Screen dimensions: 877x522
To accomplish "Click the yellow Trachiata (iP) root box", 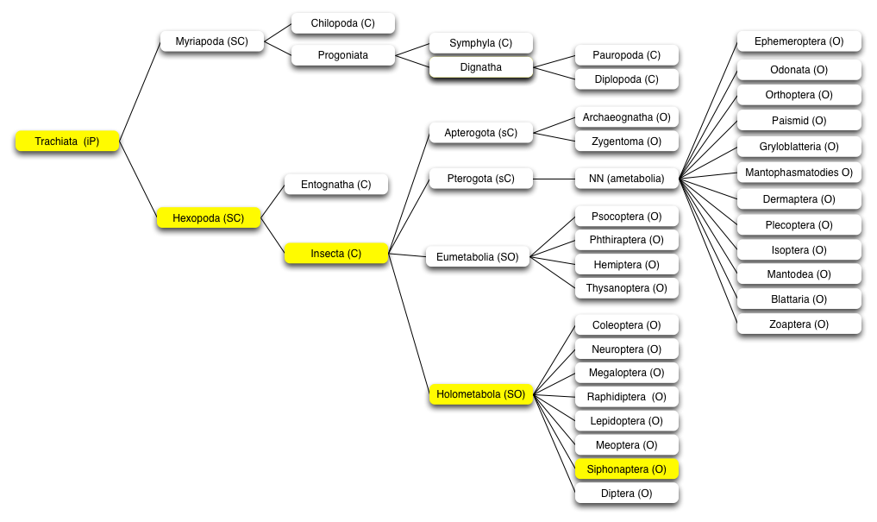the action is [x=67, y=141].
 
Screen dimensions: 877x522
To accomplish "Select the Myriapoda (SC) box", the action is [x=212, y=41].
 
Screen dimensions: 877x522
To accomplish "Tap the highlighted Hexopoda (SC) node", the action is [x=209, y=217].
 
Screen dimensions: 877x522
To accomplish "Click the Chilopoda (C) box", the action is [x=343, y=23].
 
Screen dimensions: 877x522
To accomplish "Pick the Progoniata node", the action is [x=343, y=55].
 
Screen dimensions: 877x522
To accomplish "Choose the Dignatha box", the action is [x=481, y=67].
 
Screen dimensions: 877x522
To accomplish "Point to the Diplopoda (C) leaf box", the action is [x=626, y=79].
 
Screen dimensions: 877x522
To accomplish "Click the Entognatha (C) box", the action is [x=336, y=185].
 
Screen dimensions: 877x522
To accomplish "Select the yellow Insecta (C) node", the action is [x=336, y=254].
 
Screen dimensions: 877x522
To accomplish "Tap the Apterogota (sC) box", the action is [x=481, y=133].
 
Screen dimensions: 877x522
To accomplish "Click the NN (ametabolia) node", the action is [x=626, y=179].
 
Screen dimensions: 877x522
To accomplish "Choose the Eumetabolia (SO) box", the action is [x=478, y=257].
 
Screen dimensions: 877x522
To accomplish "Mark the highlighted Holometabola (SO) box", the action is [x=481, y=394].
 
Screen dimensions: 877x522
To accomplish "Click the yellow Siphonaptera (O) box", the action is [x=626, y=469].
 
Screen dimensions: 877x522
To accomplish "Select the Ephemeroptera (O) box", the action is [x=799, y=41].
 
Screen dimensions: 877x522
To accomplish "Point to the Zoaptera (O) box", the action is [x=799, y=324].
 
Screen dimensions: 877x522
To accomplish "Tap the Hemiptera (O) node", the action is [x=626, y=265].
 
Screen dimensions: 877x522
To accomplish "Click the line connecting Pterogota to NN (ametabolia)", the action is [x=554, y=179].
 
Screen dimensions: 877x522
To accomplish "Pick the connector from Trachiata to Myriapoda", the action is [x=140, y=91].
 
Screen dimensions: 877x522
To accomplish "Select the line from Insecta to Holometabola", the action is [x=408, y=324].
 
